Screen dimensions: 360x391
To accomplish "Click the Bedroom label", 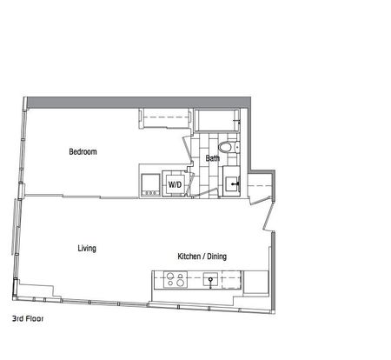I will (83, 152).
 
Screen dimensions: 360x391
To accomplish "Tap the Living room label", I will (86, 249).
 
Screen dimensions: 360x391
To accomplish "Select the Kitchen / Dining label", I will (202, 257).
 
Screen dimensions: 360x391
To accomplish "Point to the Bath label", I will (212, 158).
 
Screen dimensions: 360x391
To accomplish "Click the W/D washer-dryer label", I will (175, 184).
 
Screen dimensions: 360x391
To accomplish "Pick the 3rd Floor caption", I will (28, 319).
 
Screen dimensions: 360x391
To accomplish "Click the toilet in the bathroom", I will (228, 148).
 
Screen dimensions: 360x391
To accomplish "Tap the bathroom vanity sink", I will (232, 184).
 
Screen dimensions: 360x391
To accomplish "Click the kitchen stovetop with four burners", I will (175, 281).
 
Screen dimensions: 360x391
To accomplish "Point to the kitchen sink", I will (211, 281).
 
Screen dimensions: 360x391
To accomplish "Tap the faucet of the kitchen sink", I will (211, 283).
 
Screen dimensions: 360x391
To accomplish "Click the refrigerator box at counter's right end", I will (255, 282).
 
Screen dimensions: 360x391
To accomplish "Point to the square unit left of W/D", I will (149, 184).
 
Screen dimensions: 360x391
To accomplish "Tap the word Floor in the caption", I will (35, 319).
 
